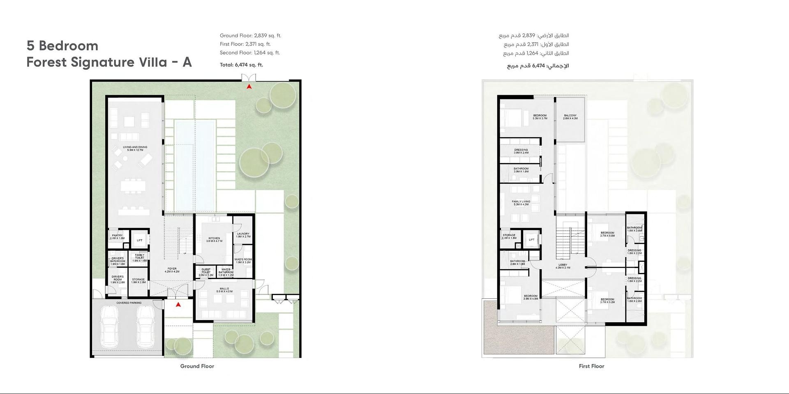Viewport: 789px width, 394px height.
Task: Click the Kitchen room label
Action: coord(214,240)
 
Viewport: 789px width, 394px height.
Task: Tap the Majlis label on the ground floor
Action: coord(224,290)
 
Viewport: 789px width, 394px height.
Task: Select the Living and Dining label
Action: coord(135,149)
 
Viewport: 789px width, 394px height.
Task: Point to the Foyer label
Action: coord(172,270)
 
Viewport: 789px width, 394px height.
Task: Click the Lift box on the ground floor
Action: coord(140,241)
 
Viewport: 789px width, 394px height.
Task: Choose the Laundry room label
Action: coord(243,235)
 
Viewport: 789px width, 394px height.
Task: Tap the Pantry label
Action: coord(117,237)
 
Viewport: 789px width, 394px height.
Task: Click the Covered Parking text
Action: coord(129,303)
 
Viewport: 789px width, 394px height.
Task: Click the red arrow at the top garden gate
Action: coord(249,87)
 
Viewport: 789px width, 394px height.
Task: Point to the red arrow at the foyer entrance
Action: coord(178,305)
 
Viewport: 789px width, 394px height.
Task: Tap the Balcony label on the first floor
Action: coord(570,117)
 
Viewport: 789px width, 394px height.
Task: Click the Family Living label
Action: coord(521,203)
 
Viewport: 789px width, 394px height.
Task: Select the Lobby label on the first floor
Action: coord(563,266)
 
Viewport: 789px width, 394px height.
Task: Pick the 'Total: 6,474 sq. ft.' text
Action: coord(241,65)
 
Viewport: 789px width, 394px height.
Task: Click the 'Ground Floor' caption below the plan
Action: coord(197,366)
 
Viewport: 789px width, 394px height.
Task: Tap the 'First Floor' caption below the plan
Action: coord(591,366)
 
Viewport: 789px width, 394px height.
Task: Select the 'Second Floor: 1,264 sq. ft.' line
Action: coord(249,53)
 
